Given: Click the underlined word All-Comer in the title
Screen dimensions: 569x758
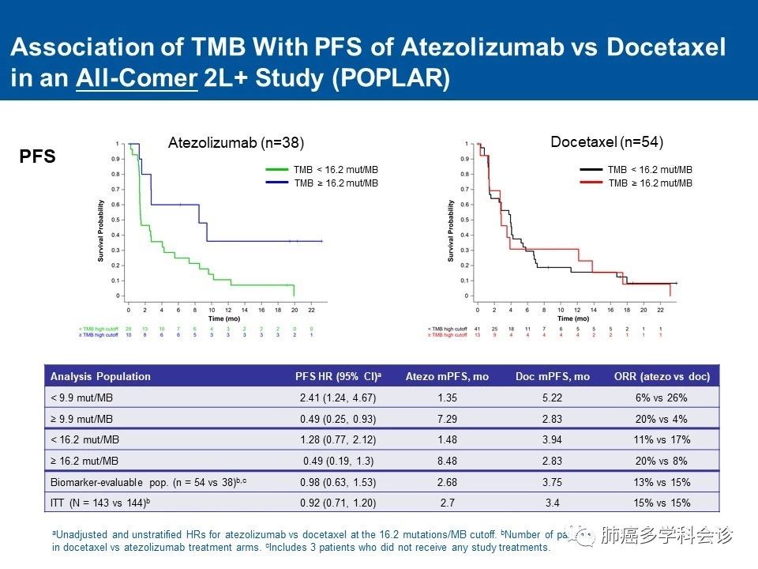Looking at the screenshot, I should point(136,79).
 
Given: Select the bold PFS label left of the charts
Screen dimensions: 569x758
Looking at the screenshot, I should point(37,156).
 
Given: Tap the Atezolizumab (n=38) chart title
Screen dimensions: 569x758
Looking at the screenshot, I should point(236,142).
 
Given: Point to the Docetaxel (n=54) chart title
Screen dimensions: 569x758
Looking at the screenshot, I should point(606,142).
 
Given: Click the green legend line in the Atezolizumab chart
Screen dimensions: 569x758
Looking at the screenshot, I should point(277,169).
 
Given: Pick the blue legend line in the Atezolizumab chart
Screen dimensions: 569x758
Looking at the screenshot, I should point(277,183).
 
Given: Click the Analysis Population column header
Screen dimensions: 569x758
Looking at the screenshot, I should point(100,376).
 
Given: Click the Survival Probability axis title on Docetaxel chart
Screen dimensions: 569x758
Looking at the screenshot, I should point(450,231).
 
